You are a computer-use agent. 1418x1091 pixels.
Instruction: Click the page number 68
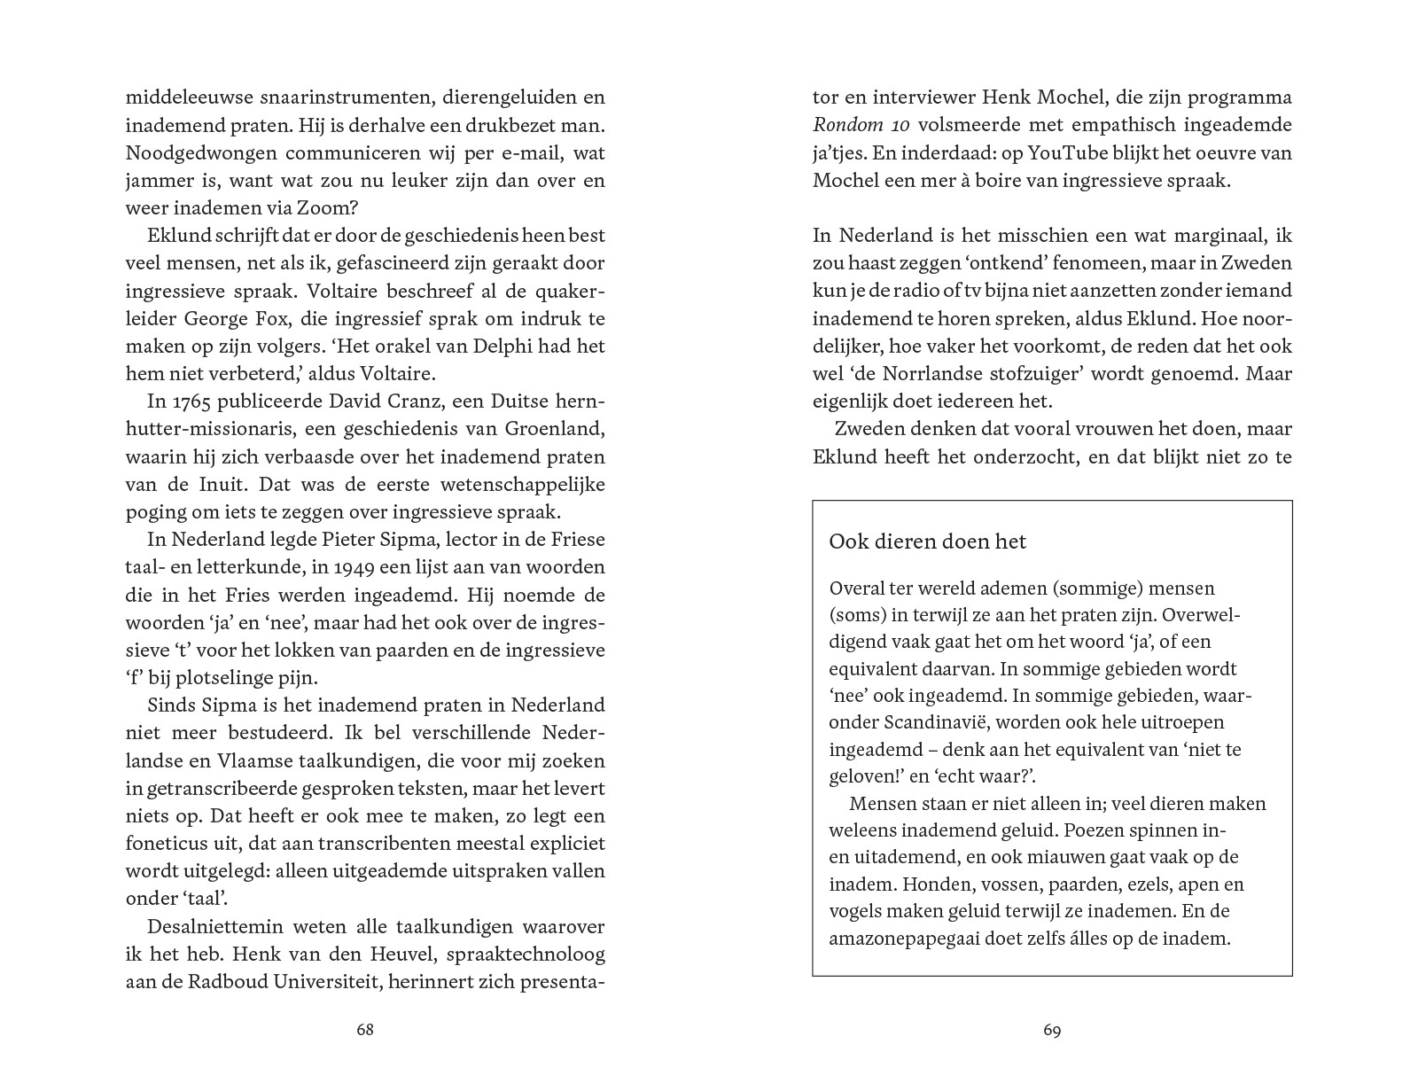[x=364, y=1030]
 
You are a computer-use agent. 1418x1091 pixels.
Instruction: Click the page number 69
[x=1052, y=1030]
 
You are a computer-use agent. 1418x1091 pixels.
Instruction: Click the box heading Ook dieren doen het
[x=927, y=542]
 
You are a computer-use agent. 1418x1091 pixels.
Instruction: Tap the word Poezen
[x=1095, y=830]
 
